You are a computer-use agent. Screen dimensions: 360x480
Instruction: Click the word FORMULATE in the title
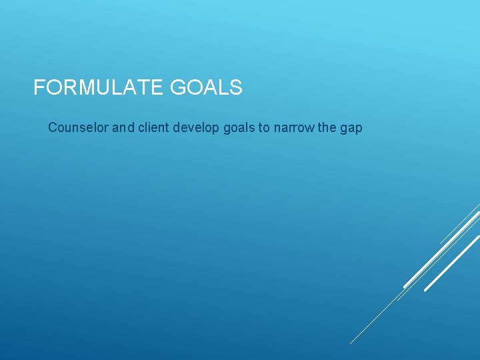click(99, 87)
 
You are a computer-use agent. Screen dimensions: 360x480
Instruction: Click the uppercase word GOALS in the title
click(207, 87)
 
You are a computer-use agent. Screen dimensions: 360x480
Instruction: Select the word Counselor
click(79, 127)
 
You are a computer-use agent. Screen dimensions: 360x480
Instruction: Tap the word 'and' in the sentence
click(123, 127)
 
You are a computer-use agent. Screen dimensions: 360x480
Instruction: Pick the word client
click(154, 127)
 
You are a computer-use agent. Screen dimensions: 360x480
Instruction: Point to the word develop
click(196, 127)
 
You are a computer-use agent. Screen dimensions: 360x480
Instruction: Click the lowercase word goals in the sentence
click(238, 127)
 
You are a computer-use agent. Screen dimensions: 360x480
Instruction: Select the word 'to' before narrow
click(264, 127)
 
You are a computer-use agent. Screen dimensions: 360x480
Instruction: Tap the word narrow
click(294, 127)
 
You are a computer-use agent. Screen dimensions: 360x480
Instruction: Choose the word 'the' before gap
click(327, 127)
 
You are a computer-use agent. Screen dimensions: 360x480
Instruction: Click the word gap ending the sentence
click(351, 127)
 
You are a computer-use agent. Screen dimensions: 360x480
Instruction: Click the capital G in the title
click(179, 87)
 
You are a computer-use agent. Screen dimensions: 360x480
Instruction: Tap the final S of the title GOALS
click(236, 87)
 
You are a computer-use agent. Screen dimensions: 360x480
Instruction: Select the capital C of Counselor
click(53, 127)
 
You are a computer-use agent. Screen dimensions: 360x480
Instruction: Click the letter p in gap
click(359, 128)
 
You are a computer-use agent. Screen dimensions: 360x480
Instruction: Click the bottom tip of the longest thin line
click(351, 343)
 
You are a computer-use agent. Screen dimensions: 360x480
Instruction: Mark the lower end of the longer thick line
click(405, 287)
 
